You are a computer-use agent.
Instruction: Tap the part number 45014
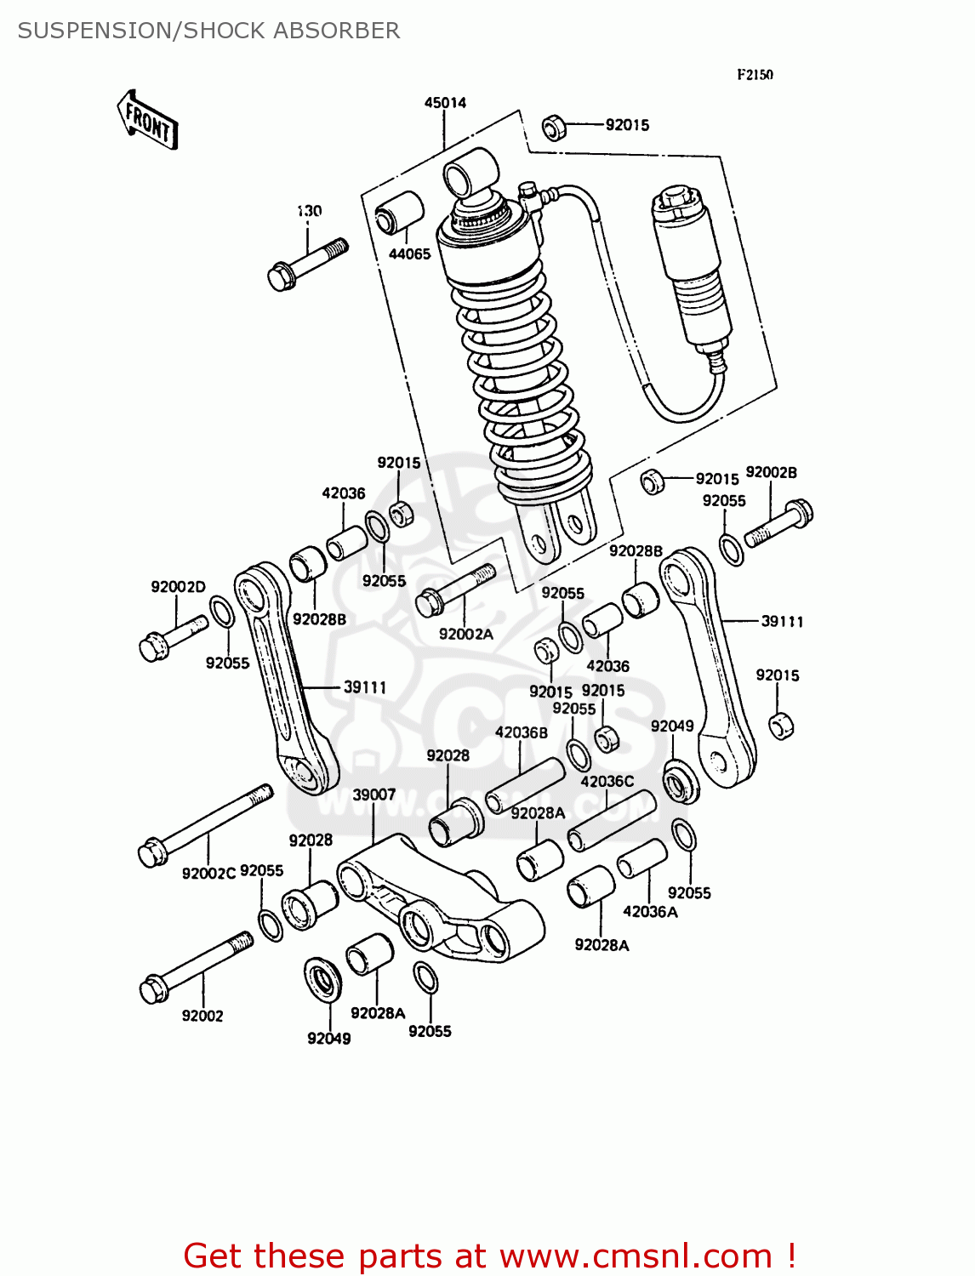click(x=445, y=103)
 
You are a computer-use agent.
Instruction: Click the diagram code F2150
click(x=755, y=75)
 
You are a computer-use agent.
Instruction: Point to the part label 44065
click(x=409, y=253)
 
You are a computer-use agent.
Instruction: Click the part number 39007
click(x=374, y=795)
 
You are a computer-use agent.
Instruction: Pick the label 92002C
click(x=208, y=873)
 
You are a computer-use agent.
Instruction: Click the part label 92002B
click(x=771, y=473)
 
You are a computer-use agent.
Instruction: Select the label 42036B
click(x=522, y=732)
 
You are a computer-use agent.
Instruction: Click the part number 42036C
click(x=607, y=781)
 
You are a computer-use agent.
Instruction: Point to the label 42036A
click(x=650, y=912)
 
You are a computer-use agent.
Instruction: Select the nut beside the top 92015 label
click(x=555, y=127)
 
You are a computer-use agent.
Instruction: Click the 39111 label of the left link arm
click(x=365, y=687)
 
